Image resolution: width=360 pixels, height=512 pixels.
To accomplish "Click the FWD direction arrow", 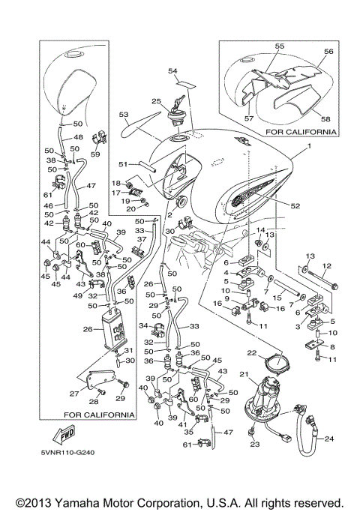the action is (x=64, y=435).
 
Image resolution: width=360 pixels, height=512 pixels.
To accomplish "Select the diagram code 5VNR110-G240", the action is (x=68, y=453).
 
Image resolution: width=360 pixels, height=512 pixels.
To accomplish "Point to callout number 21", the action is (x=244, y=374).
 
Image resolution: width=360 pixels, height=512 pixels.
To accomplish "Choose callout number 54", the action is (x=172, y=71).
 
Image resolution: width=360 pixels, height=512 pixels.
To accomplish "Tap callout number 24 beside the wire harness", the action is (x=329, y=439).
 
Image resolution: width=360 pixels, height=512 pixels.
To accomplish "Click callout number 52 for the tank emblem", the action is (x=295, y=205).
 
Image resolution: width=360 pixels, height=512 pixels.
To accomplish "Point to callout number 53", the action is (x=124, y=115).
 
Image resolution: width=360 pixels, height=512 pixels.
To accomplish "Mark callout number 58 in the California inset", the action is (x=325, y=119).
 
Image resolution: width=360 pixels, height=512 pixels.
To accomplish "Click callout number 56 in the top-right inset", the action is (x=328, y=52).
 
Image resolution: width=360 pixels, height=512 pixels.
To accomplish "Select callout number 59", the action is (x=95, y=154).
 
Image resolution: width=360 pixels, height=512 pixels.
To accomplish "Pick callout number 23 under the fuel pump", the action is (x=255, y=444).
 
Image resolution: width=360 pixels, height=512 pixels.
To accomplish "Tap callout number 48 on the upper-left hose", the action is (x=79, y=137).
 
